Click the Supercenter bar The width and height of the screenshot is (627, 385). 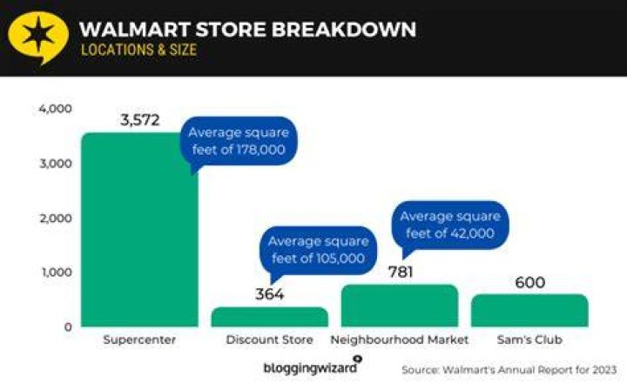pyautogui.click(x=139, y=229)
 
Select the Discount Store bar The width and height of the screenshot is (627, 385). pyautogui.click(x=269, y=317)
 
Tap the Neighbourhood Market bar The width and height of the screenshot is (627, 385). pyautogui.click(x=400, y=306)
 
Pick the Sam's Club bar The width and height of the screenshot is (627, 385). pyautogui.click(x=529, y=311)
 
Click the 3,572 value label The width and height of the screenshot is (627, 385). pyautogui.click(x=140, y=120)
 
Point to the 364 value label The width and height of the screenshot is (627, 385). pyautogui.click(x=269, y=294)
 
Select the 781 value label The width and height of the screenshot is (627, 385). pyautogui.click(x=401, y=273)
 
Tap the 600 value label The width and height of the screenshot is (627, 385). pyautogui.click(x=529, y=283)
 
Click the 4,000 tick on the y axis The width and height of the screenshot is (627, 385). pyautogui.click(x=55, y=109)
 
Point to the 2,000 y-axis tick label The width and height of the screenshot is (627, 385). pyautogui.click(x=55, y=219)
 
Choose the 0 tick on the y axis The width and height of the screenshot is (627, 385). pyautogui.click(x=68, y=327)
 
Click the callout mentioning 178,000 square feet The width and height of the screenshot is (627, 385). pyautogui.click(x=239, y=141)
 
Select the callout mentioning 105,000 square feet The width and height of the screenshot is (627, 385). pyautogui.click(x=318, y=250)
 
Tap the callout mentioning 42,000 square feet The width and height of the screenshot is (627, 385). pyautogui.click(x=450, y=225)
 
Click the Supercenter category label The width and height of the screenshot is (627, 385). pyautogui.click(x=139, y=340)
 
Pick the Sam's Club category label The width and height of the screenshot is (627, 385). pyautogui.click(x=529, y=340)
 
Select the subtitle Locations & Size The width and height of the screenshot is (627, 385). pyautogui.click(x=138, y=50)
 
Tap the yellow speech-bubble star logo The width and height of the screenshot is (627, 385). pyautogui.click(x=38, y=36)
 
